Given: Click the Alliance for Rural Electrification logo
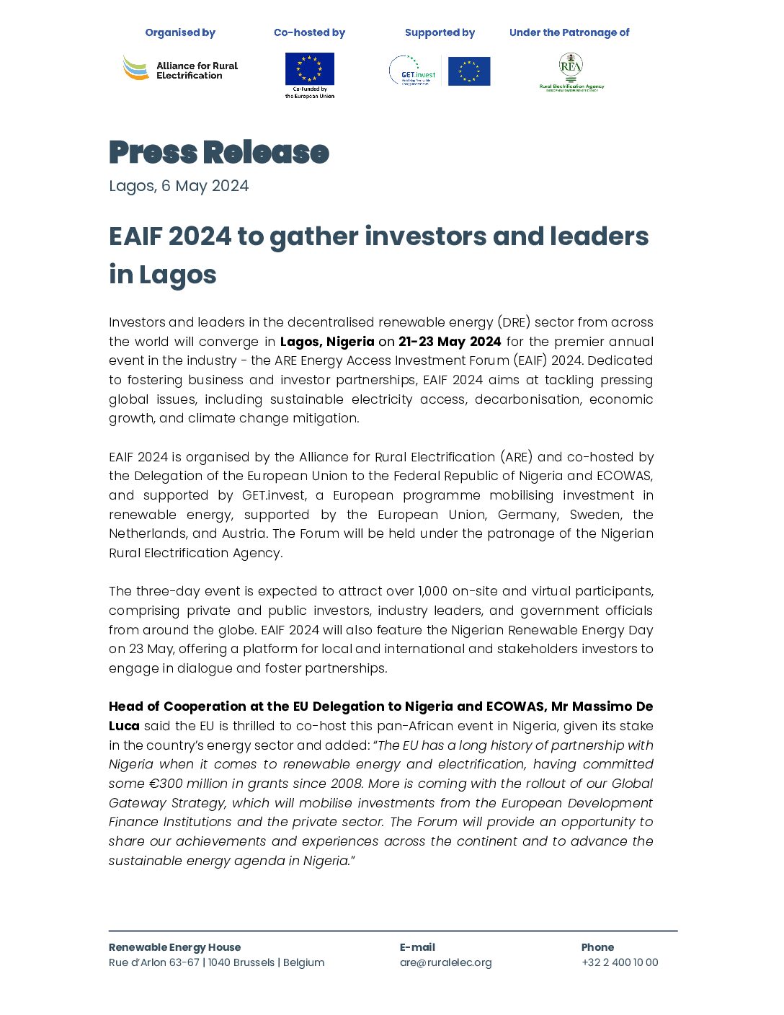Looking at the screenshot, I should point(180,69).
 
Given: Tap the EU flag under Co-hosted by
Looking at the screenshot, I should point(309,69).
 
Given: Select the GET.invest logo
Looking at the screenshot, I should point(413,71).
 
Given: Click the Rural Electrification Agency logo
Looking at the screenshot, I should point(571,72).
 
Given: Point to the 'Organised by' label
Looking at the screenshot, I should point(180,32).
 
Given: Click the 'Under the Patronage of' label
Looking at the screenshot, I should point(569,32).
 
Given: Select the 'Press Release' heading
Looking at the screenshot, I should point(219,152).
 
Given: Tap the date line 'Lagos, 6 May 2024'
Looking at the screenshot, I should point(179,186).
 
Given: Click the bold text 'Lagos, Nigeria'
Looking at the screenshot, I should point(327,342).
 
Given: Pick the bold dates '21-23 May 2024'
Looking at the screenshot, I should point(450,342).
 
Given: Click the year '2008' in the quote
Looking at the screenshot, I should point(347,784).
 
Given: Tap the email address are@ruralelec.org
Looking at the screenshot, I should point(445,962).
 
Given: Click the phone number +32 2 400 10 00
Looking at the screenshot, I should point(620,962).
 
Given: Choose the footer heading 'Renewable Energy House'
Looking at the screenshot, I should point(174,947).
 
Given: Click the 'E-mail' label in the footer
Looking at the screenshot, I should point(417,947).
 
